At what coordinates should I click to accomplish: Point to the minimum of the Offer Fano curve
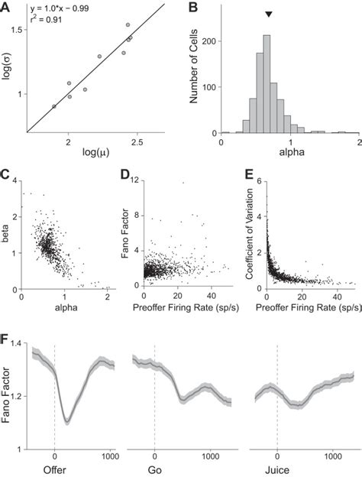pos(67,420)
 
